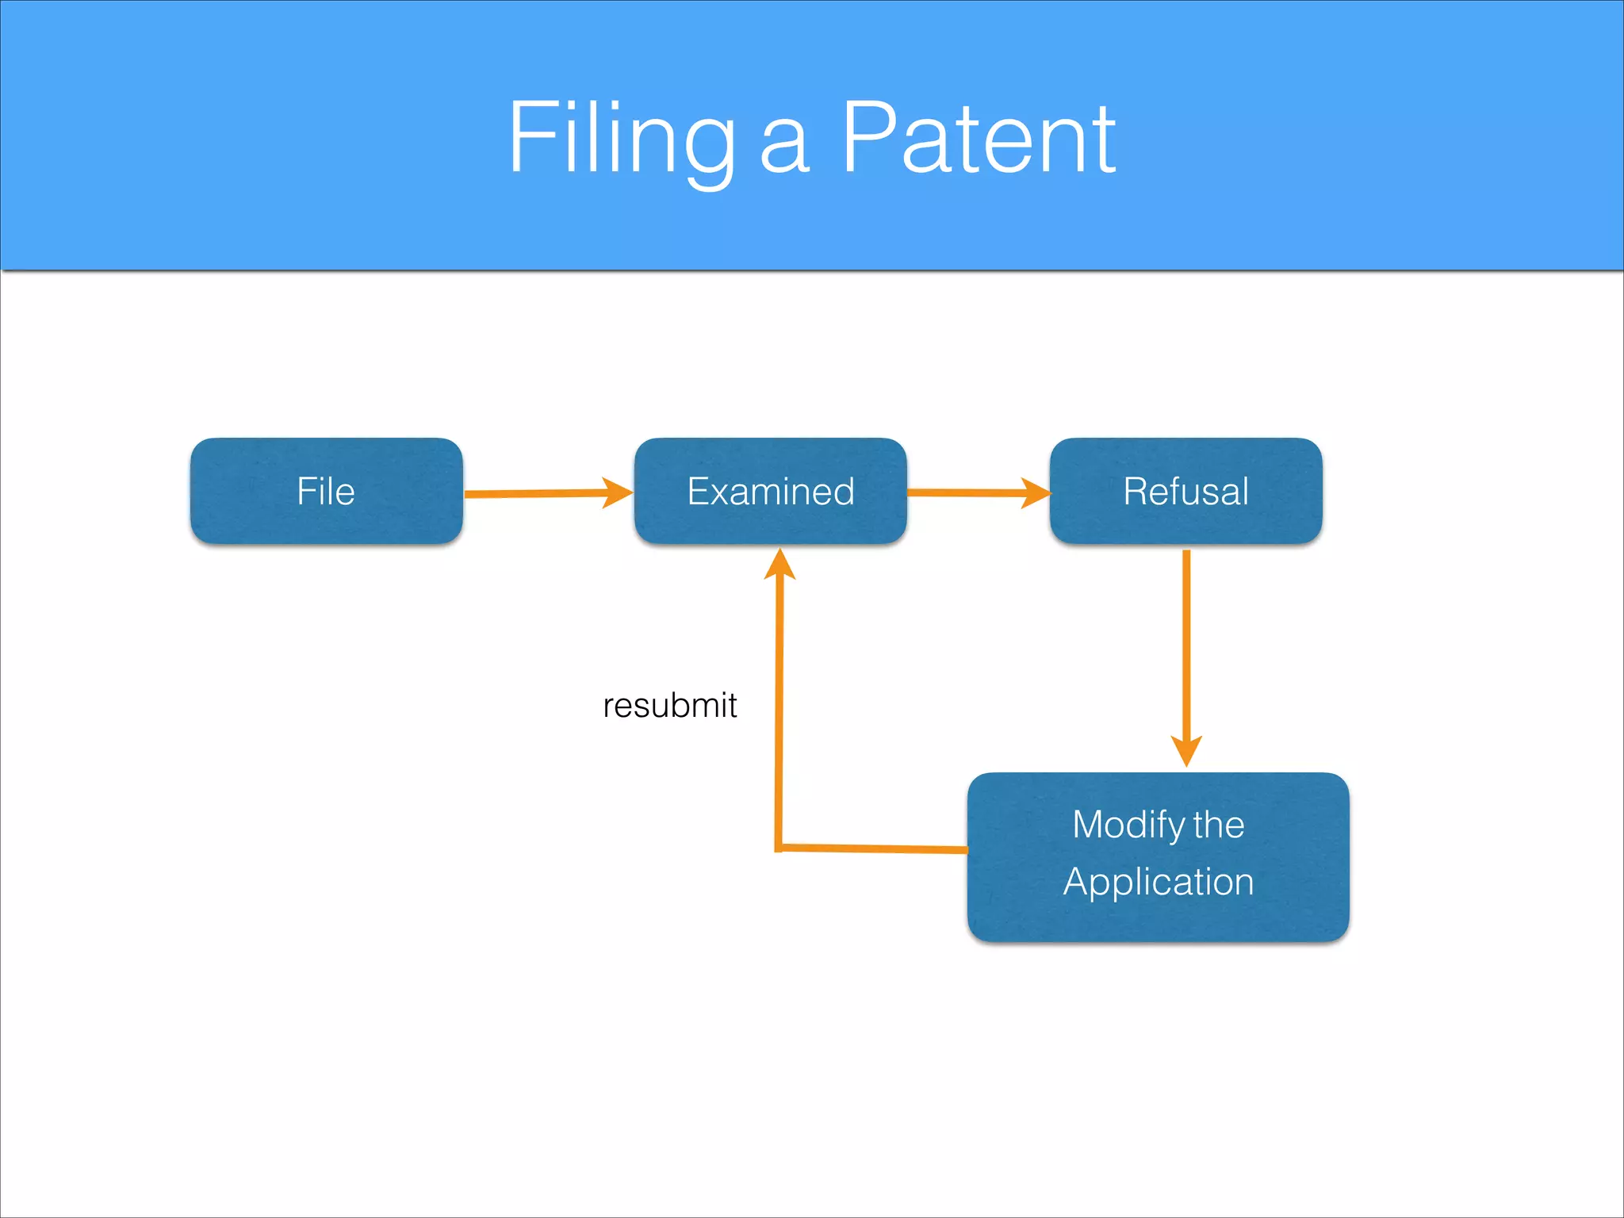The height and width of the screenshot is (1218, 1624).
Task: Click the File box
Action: coord(326,491)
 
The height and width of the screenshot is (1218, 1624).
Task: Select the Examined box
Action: coord(770,491)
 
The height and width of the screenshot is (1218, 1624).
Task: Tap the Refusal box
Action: coord(1185,491)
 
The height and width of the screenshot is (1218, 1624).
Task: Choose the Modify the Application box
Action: coord(1158,856)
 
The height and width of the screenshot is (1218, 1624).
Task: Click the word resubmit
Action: coord(669,705)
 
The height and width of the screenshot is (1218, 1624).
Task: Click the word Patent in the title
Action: coord(978,139)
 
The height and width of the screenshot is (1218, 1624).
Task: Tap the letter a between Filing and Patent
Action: coord(784,151)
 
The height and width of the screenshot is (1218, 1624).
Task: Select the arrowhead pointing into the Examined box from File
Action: coord(617,492)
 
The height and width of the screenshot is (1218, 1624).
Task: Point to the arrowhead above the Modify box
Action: coord(1186,749)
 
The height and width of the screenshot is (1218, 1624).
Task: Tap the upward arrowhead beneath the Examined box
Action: coord(779,565)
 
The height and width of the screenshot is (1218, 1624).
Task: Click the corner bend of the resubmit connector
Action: coord(779,848)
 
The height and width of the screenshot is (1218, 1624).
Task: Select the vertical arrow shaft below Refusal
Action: coord(1186,642)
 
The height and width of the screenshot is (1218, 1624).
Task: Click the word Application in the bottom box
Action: coord(1158,882)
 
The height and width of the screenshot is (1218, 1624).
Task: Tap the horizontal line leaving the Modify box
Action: coord(872,848)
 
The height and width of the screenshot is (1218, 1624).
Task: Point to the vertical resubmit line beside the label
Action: coord(779,706)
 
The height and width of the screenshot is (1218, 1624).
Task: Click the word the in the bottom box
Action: coord(1217,825)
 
